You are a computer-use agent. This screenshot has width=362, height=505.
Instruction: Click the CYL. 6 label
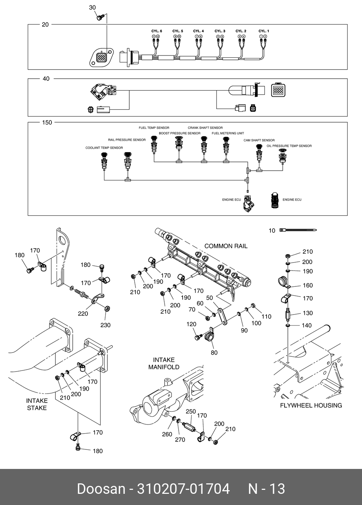click(x=157, y=31)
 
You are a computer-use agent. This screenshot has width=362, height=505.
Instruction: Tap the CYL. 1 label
click(x=264, y=31)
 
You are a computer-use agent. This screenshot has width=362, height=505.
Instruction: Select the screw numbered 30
click(x=100, y=16)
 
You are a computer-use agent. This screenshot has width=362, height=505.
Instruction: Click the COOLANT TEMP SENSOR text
click(x=104, y=148)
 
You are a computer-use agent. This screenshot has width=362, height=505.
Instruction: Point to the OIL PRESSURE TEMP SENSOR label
click(x=289, y=146)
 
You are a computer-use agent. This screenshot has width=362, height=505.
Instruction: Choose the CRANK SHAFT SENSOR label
click(x=205, y=128)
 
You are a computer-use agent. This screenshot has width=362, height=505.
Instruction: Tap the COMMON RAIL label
click(x=226, y=246)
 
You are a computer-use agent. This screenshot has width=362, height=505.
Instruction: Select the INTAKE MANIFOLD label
click(x=164, y=363)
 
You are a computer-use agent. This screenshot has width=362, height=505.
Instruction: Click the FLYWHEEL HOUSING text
click(x=311, y=405)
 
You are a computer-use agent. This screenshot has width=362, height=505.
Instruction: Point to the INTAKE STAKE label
click(x=37, y=404)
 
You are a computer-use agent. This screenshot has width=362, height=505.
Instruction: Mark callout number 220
click(x=83, y=313)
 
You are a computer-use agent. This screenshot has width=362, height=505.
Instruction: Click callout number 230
click(x=105, y=325)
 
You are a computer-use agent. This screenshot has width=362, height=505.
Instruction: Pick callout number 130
click(x=308, y=313)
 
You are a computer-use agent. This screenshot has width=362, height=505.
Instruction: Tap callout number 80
click(x=214, y=352)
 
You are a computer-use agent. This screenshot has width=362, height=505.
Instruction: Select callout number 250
click(x=191, y=412)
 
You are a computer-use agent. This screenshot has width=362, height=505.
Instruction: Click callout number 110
click(x=266, y=316)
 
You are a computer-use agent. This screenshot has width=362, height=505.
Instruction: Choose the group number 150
click(x=47, y=123)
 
